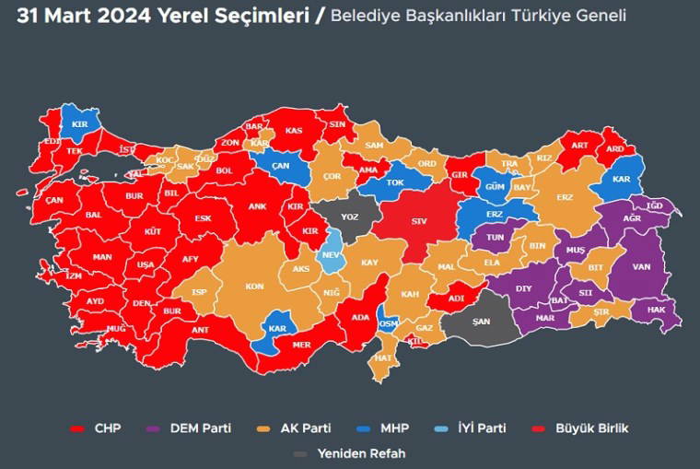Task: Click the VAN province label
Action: point(641,267)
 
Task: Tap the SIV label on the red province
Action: point(419,221)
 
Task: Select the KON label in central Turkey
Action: point(254,287)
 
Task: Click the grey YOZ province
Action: point(350,217)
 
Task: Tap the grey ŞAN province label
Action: point(480,322)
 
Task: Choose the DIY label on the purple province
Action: point(523,288)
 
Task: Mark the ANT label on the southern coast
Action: point(200,330)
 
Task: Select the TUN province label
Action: point(494,237)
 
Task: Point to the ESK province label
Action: point(203,218)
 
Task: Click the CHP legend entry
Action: point(97,428)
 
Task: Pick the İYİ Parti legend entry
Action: point(472,428)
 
